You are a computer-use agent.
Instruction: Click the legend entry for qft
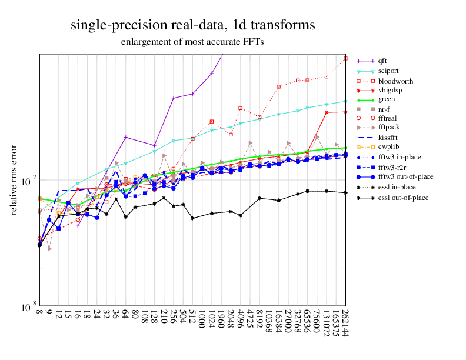click(x=382, y=61)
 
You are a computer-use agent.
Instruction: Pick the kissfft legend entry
click(x=389, y=138)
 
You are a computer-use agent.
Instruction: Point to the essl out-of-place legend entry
click(x=404, y=197)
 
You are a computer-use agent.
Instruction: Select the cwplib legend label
click(x=388, y=147)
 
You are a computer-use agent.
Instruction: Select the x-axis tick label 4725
click(x=250, y=319)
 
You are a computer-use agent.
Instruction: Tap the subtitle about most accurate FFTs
click(x=192, y=42)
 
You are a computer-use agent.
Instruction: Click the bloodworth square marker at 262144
click(x=345, y=59)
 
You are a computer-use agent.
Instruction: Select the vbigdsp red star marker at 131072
click(x=327, y=112)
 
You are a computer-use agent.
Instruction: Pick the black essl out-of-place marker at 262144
click(x=345, y=193)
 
